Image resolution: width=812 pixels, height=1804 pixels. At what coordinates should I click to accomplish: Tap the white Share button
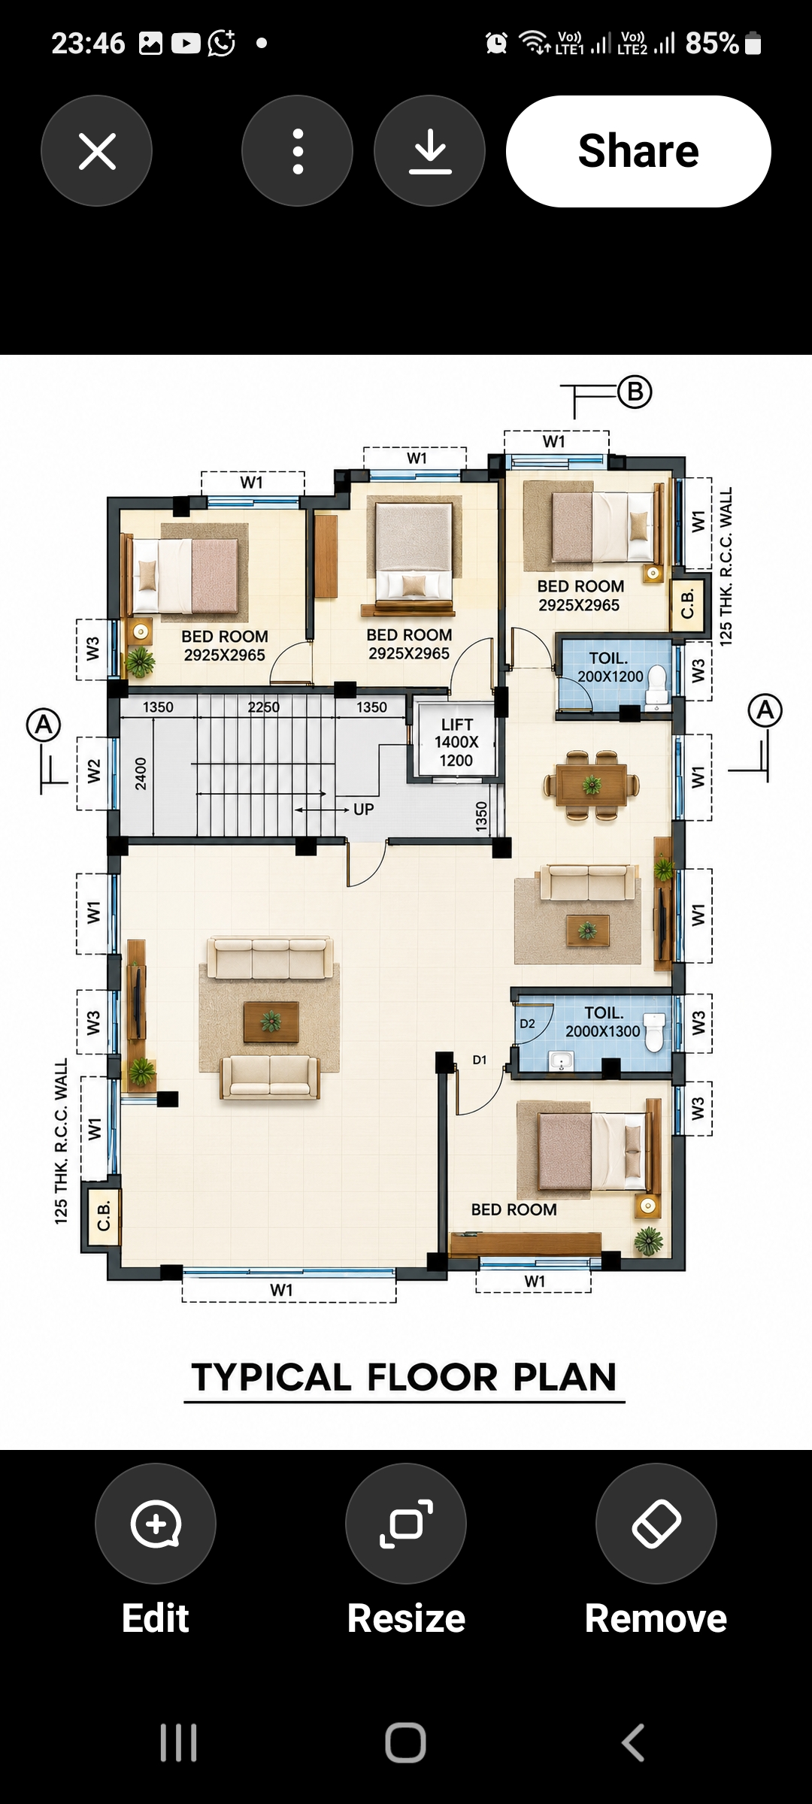[x=638, y=151]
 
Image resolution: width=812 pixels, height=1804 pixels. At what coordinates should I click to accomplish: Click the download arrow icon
[x=430, y=151]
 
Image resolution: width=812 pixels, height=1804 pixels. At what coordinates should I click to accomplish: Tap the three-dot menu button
[x=298, y=151]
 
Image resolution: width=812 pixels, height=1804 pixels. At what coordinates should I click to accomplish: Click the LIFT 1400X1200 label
[x=456, y=743]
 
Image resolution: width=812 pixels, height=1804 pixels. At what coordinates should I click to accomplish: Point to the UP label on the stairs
[x=364, y=810]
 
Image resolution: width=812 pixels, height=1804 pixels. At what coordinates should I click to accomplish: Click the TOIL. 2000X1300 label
[x=603, y=1022]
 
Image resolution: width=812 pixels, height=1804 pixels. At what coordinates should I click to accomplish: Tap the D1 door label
[x=480, y=1060]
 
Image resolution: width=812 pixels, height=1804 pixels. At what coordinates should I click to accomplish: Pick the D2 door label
[x=528, y=1024]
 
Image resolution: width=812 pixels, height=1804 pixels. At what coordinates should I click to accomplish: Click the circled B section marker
[x=635, y=392]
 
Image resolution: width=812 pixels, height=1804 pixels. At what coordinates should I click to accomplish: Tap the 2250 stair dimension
[x=264, y=707]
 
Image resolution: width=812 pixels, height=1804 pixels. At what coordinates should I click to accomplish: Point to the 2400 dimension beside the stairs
[x=141, y=773]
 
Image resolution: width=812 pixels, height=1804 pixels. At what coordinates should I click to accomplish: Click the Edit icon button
[x=156, y=1524]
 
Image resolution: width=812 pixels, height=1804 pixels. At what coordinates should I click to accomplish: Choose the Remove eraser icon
[x=656, y=1524]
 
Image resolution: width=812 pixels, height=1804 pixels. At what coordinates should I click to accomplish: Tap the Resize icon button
[x=406, y=1524]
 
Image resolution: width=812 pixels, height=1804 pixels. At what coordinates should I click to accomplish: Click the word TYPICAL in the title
[x=272, y=1378]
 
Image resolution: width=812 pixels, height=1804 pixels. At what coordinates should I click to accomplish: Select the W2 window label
[x=93, y=771]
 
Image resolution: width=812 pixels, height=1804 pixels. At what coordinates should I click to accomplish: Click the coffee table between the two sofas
[x=271, y=1022]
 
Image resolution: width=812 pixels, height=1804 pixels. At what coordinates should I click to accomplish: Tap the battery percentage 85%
[x=712, y=43]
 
